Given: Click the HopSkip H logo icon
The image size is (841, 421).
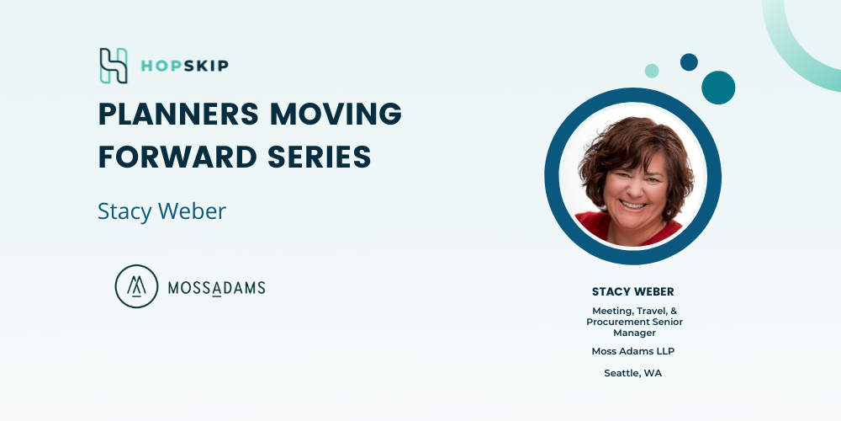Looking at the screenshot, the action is [x=114, y=66].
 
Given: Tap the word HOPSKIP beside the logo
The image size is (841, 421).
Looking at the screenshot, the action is [x=184, y=66].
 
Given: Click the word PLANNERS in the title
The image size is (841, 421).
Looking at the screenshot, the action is [x=179, y=114].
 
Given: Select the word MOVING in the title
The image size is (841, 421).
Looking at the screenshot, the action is [x=336, y=114].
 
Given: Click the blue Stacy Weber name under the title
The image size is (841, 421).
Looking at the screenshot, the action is [x=162, y=211].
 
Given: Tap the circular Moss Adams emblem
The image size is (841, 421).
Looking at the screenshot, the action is [x=137, y=286].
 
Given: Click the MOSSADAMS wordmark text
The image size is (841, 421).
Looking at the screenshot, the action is [x=217, y=288].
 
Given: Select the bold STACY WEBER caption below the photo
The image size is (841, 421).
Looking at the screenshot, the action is [x=633, y=291].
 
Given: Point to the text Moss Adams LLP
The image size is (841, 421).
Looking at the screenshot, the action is [x=633, y=351].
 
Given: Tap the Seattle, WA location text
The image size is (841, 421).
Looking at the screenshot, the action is [x=633, y=373].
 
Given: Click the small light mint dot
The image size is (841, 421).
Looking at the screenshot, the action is [x=652, y=71].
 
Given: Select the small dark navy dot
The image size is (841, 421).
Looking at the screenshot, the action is [x=690, y=61].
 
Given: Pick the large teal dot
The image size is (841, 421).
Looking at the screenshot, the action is [x=718, y=88].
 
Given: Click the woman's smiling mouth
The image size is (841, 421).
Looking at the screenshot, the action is [x=633, y=205].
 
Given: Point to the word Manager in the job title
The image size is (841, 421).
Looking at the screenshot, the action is [x=634, y=333].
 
